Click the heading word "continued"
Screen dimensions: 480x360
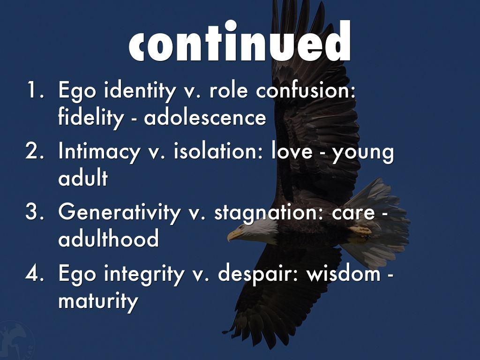point(240,41)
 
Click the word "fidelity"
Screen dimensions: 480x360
point(91,118)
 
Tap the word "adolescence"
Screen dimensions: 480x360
point(205,117)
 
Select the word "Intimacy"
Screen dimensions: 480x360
point(99,151)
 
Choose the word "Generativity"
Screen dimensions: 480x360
point(120,212)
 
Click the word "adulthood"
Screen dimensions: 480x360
point(108,238)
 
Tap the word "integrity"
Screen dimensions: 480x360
point(144,273)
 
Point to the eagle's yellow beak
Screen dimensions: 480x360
point(233,235)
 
